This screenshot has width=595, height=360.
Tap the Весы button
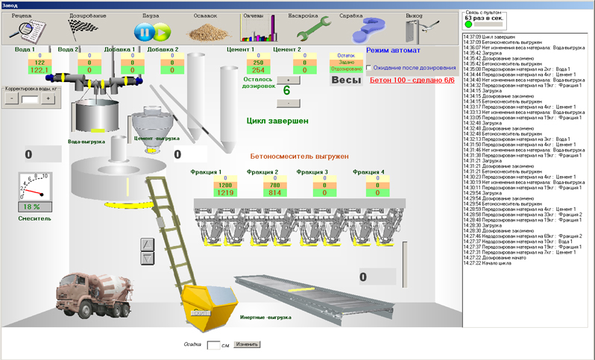[x=345, y=80]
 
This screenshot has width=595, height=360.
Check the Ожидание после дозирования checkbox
[x=369, y=68]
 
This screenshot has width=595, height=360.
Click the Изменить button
[x=247, y=344]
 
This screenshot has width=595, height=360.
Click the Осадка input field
[x=214, y=345]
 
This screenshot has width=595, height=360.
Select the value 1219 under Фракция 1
[x=205, y=192]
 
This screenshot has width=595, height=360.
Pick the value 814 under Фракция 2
[x=274, y=192]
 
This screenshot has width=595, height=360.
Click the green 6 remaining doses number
[x=287, y=90]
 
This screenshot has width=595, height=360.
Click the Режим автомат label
[x=394, y=51]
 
